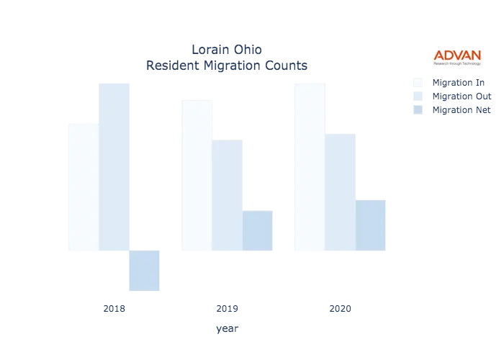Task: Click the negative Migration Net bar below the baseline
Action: (144, 271)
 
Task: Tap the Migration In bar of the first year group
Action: (81, 187)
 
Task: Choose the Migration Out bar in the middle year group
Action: (229, 195)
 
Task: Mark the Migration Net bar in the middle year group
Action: (258, 230)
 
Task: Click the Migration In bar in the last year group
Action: (311, 166)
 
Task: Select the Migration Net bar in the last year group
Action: (370, 225)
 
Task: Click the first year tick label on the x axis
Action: (114, 310)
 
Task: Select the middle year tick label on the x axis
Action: (228, 310)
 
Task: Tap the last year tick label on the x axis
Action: (340, 310)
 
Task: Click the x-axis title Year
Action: (227, 330)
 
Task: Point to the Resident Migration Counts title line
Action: (227, 66)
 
